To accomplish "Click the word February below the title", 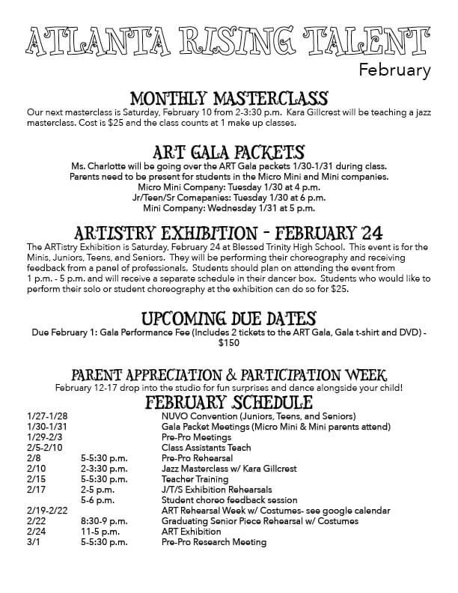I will (394, 72).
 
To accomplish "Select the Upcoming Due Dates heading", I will (228, 318).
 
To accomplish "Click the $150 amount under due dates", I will (228, 343).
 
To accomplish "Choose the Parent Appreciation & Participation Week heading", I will (228, 374).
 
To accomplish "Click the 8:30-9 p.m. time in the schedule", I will (104, 521).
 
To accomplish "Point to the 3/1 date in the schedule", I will (33, 542).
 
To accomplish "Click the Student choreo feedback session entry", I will (229, 500).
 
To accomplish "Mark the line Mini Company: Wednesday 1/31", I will (228, 207).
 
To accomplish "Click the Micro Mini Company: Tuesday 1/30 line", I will (228, 186).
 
